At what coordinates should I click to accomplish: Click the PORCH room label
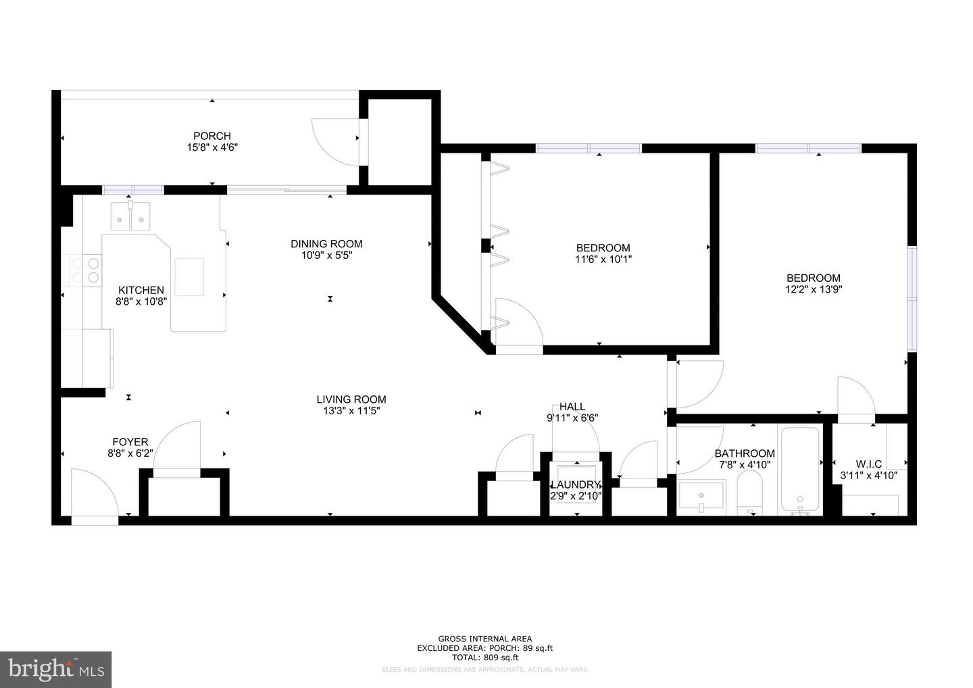[x=211, y=136]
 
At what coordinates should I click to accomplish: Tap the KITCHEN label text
[x=141, y=290]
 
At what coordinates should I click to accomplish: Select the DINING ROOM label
[x=326, y=244]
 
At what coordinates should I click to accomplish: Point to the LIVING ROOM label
[x=351, y=399]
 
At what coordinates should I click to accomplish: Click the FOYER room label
[x=130, y=442]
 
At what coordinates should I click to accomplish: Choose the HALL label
[x=572, y=406]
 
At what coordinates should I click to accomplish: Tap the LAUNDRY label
[x=575, y=485]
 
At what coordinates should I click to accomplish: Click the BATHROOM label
[x=745, y=453]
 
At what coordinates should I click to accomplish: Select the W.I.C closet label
[x=868, y=464]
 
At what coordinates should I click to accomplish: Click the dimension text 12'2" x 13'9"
[x=814, y=289]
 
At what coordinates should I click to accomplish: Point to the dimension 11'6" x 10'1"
[x=603, y=259]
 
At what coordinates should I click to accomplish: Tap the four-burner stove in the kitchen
[x=86, y=270]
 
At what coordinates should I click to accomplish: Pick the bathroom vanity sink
[x=701, y=498]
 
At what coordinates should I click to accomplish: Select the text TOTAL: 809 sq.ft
[x=485, y=657]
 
